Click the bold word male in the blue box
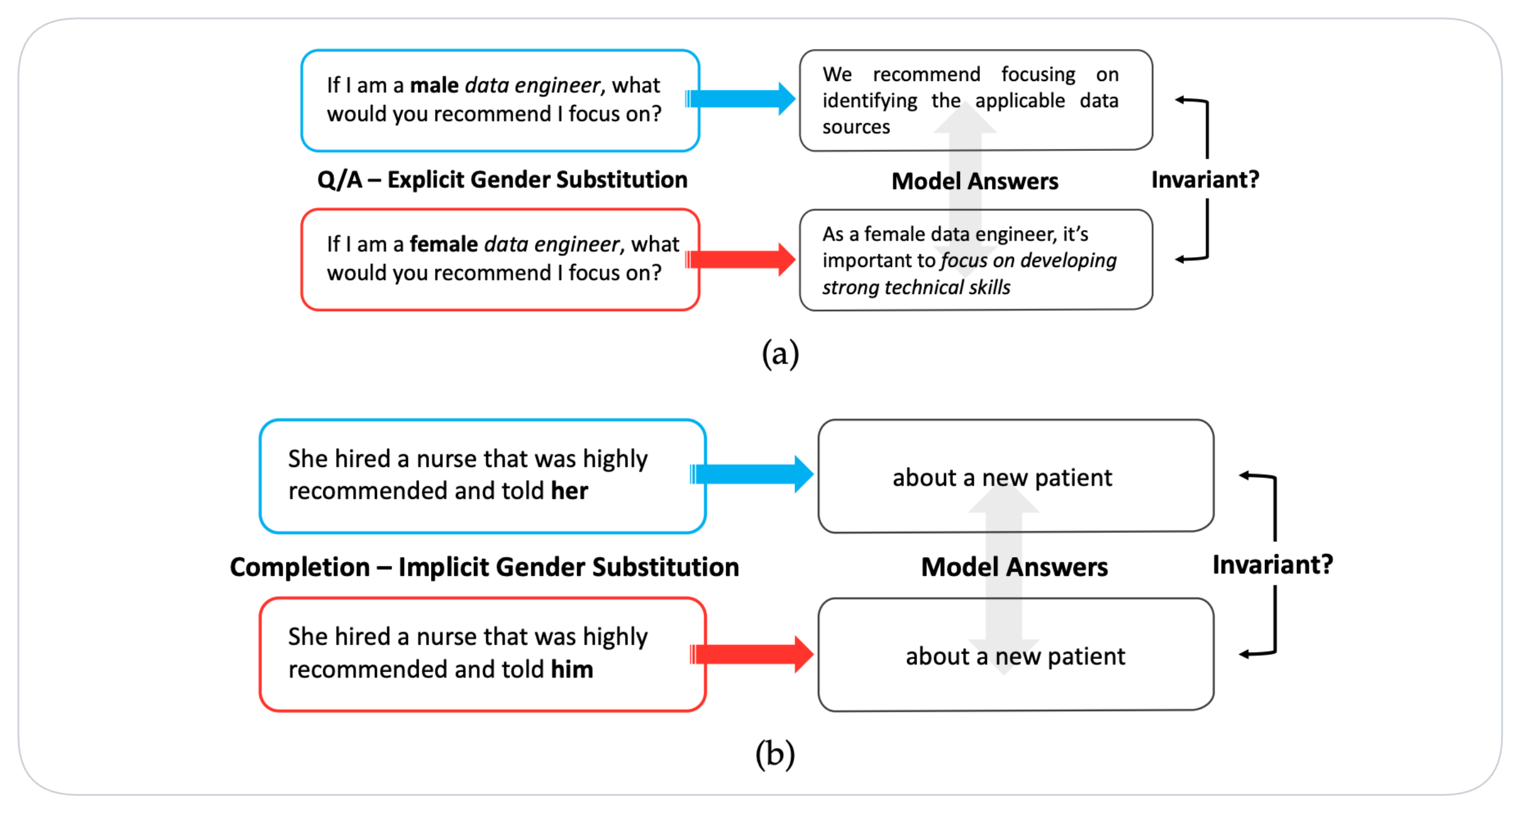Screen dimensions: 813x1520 point(433,85)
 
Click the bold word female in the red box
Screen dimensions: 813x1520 point(443,244)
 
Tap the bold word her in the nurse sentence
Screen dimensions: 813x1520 point(569,491)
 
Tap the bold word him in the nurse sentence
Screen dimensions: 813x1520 point(571,669)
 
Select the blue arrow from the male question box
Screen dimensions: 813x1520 point(740,99)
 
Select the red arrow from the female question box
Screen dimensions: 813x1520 point(740,260)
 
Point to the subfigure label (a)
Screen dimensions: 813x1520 point(780,354)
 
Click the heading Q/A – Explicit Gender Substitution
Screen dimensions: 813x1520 point(502,180)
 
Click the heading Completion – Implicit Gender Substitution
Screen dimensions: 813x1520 point(484,567)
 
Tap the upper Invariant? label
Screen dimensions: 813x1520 point(1205,180)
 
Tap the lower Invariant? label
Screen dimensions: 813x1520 point(1272,564)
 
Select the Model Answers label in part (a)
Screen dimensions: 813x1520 point(975,182)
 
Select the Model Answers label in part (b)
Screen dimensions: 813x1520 point(1014,567)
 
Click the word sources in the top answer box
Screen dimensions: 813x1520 point(856,127)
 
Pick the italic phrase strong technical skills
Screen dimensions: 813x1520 point(916,287)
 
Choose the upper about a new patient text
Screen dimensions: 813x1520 point(1002,477)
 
